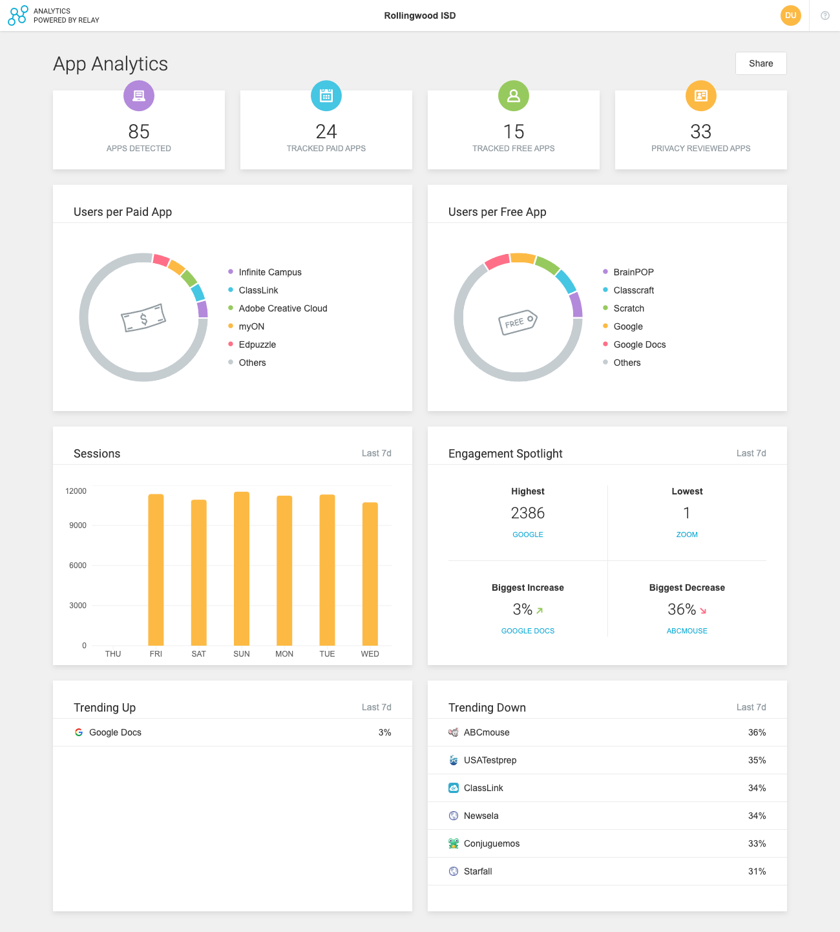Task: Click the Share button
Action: click(x=761, y=63)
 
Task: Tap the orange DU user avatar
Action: click(x=790, y=16)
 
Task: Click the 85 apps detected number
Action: click(x=139, y=132)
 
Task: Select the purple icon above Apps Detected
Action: click(x=139, y=96)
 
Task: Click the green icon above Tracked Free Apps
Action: click(x=514, y=96)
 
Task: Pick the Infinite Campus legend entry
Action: click(x=269, y=272)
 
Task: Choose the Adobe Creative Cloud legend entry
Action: click(x=282, y=308)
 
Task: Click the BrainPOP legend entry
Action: click(x=633, y=272)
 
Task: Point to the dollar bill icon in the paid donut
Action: click(x=143, y=317)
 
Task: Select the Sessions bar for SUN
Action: click(x=242, y=569)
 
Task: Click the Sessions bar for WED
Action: click(x=370, y=574)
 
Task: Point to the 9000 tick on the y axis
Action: click(x=78, y=525)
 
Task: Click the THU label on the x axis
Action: click(x=113, y=654)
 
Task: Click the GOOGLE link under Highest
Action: click(x=528, y=535)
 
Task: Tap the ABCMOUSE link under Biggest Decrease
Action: click(x=687, y=631)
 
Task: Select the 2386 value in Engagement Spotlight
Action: click(x=528, y=513)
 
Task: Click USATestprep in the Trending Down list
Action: click(x=490, y=760)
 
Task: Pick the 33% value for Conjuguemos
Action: click(x=757, y=843)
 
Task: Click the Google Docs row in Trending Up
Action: click(x=115, y=732)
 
